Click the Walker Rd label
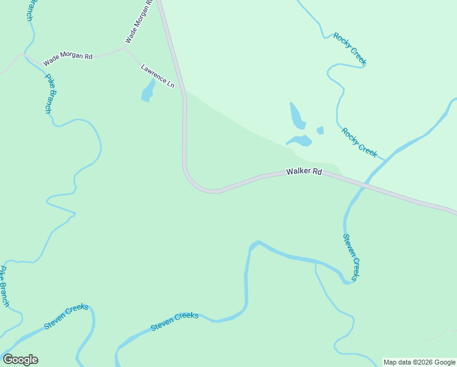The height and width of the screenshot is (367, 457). point(304,172)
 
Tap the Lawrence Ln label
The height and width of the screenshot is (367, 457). point(158,76)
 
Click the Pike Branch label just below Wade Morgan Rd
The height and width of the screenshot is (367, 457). point(48,94)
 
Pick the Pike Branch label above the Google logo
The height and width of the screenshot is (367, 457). point(4,286)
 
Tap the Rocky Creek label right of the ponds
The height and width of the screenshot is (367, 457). point(359,142)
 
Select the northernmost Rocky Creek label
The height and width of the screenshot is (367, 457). point(349,48)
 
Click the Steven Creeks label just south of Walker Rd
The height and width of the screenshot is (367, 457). point(351,257)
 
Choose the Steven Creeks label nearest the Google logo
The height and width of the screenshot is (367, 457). point(66,316)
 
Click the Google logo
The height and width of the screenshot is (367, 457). point(20,360)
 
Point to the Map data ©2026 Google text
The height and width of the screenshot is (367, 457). point(420,362)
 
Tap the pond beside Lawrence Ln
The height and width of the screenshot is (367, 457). point(147,92)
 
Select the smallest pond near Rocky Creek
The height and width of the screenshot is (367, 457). point(320,130)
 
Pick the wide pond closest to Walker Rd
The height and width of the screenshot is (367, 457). point(300,141)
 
